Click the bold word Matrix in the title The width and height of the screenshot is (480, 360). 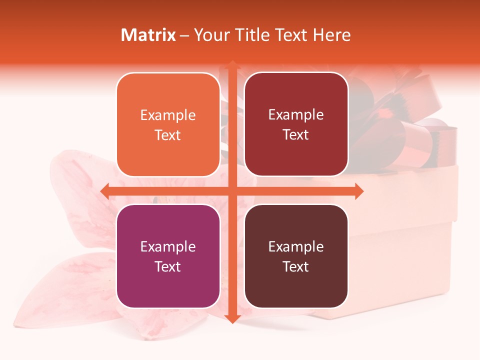[148, 35]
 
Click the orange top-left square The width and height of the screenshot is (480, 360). [168, 124]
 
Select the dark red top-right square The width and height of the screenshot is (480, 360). [296, 124]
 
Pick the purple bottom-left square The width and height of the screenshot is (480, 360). [168, 256]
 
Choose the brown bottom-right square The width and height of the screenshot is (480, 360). [296, 256]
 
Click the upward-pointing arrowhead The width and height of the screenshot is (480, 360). [232, 65]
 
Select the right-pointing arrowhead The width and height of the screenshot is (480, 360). [358, 191]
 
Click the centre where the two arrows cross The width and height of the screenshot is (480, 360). [232, 191]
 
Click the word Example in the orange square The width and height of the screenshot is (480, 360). [168, 115]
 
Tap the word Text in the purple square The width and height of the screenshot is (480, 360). [168, 266]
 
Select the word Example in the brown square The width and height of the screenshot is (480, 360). [296, 246]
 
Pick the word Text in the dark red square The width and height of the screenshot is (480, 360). [296, 135]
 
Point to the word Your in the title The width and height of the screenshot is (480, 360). [209, 35]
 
